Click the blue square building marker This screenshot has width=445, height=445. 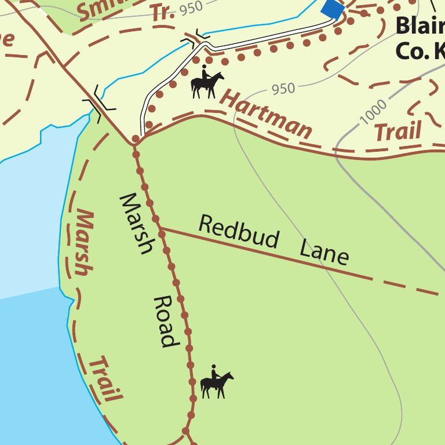pos(333,9)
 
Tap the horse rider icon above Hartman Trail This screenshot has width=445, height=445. pos(206,83)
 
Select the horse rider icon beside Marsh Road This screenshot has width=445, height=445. pos(216,382)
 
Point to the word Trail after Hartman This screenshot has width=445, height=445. pos(397,132)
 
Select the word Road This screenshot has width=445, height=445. pos(165,322)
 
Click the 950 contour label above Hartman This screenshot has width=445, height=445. pos(283,89)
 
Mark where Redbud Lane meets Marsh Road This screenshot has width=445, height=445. pos(161,231)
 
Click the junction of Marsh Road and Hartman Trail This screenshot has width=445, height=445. pos(135,140)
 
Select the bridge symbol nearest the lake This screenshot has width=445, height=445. pos(100,104)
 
